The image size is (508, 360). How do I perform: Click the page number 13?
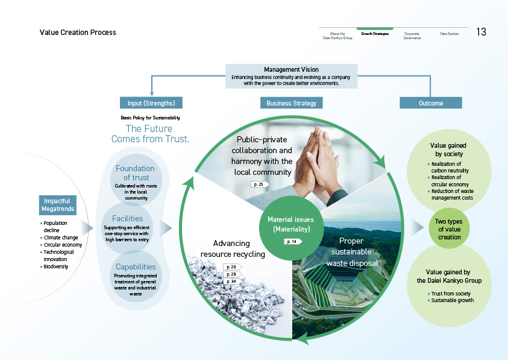click(482, 32)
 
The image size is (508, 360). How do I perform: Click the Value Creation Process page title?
click(78, 33)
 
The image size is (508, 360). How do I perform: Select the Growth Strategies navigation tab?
click(375, 34)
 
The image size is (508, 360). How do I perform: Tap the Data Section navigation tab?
click(449, 34)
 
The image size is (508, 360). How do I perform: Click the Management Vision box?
click(292, 76)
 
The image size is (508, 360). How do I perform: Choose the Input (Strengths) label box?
click(151, 103)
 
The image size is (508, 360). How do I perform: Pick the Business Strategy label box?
click(292, 103)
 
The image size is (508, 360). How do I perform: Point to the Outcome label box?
click(431, 103)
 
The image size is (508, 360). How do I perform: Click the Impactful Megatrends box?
click(59, 205)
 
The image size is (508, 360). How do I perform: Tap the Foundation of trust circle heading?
click(135, 173)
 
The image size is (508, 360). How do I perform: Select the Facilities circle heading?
click(127, 218)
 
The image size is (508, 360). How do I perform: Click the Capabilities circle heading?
click(136, 267)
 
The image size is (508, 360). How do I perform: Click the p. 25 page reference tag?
click(260, 184)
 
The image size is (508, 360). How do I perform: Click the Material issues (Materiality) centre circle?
click(292, 225)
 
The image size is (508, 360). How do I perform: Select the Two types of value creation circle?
click(448, 229)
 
